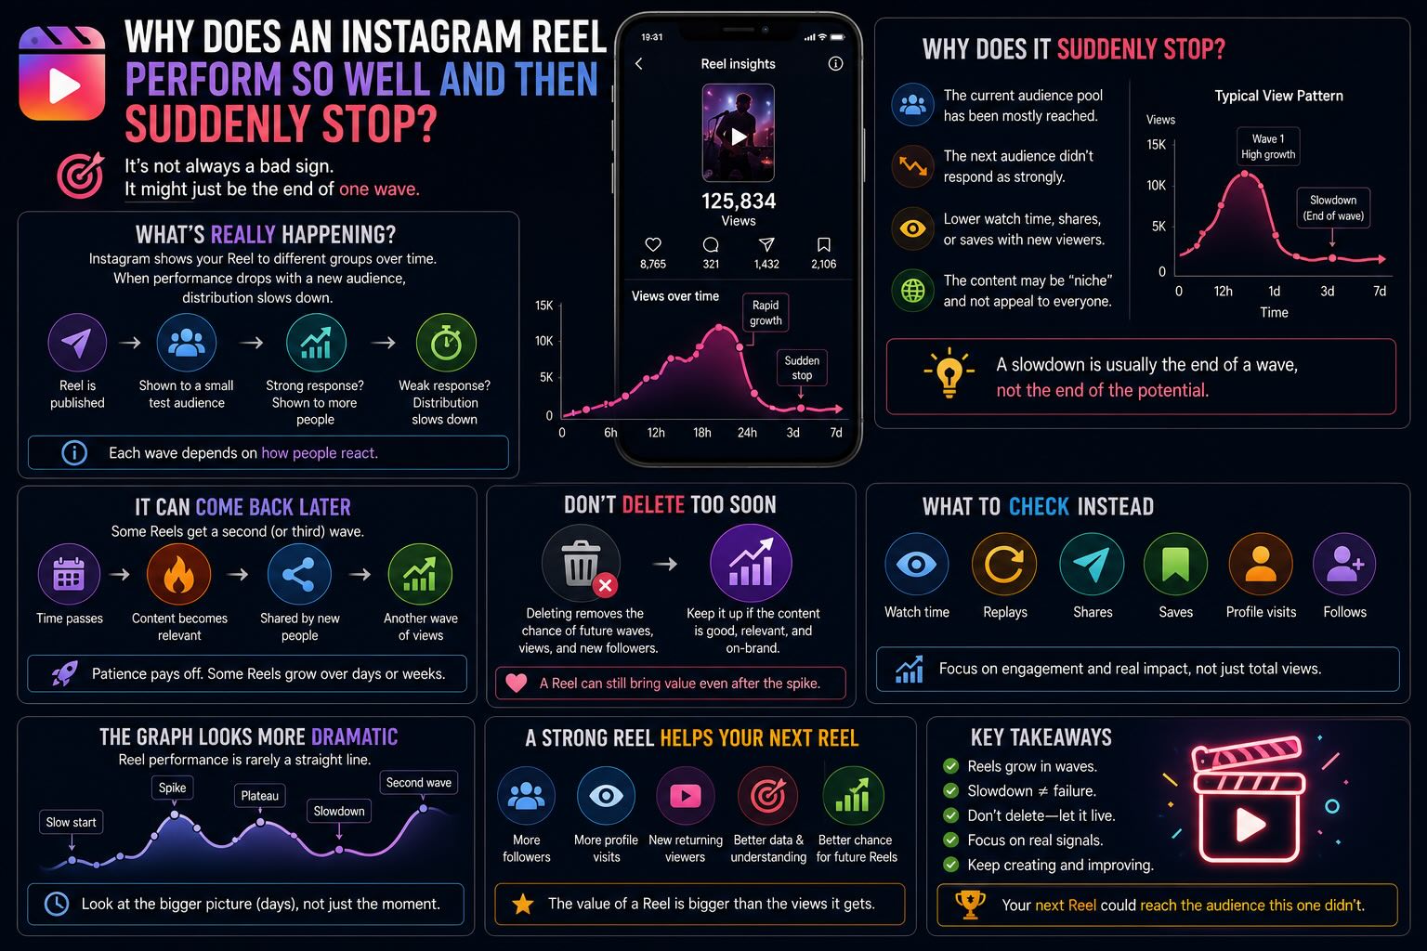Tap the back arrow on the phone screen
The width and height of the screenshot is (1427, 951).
(639, 64)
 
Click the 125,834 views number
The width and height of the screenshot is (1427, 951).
(739, 202)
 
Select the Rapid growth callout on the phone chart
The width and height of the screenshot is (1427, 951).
(766, 313)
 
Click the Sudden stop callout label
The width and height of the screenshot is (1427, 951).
(802, 368)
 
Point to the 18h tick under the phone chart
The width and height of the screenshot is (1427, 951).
(702, 433)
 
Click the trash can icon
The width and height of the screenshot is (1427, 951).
(581, 563)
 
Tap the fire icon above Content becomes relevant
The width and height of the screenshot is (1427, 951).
(179, 573)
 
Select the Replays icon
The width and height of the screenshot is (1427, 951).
(1004, 564)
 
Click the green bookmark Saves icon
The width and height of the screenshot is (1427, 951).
(1175, 564)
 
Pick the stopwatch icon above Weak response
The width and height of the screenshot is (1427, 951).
(446, 343)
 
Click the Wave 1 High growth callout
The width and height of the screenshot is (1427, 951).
(1268, 147)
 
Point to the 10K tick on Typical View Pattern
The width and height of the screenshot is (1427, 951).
(1157, 186)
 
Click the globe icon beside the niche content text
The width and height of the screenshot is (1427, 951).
(912, 291)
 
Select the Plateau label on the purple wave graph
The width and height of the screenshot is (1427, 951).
(260, 796)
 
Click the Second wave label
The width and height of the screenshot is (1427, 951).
(419, 782)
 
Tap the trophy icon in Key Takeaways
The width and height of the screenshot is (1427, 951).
(970, 905)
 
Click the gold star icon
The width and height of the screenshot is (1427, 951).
(523, 904)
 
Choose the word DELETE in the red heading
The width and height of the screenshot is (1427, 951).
(653, 504)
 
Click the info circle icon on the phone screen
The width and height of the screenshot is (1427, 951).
(835, 64)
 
